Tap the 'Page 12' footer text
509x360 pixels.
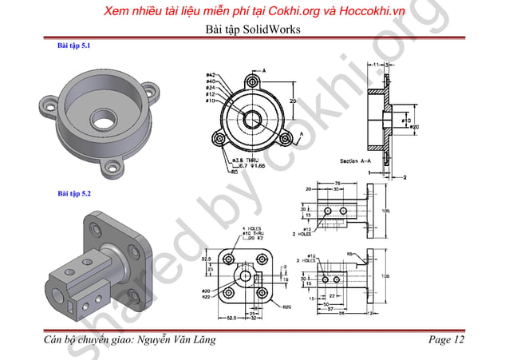click(x=445, y=341)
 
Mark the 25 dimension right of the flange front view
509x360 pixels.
click(x=292, y=101)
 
